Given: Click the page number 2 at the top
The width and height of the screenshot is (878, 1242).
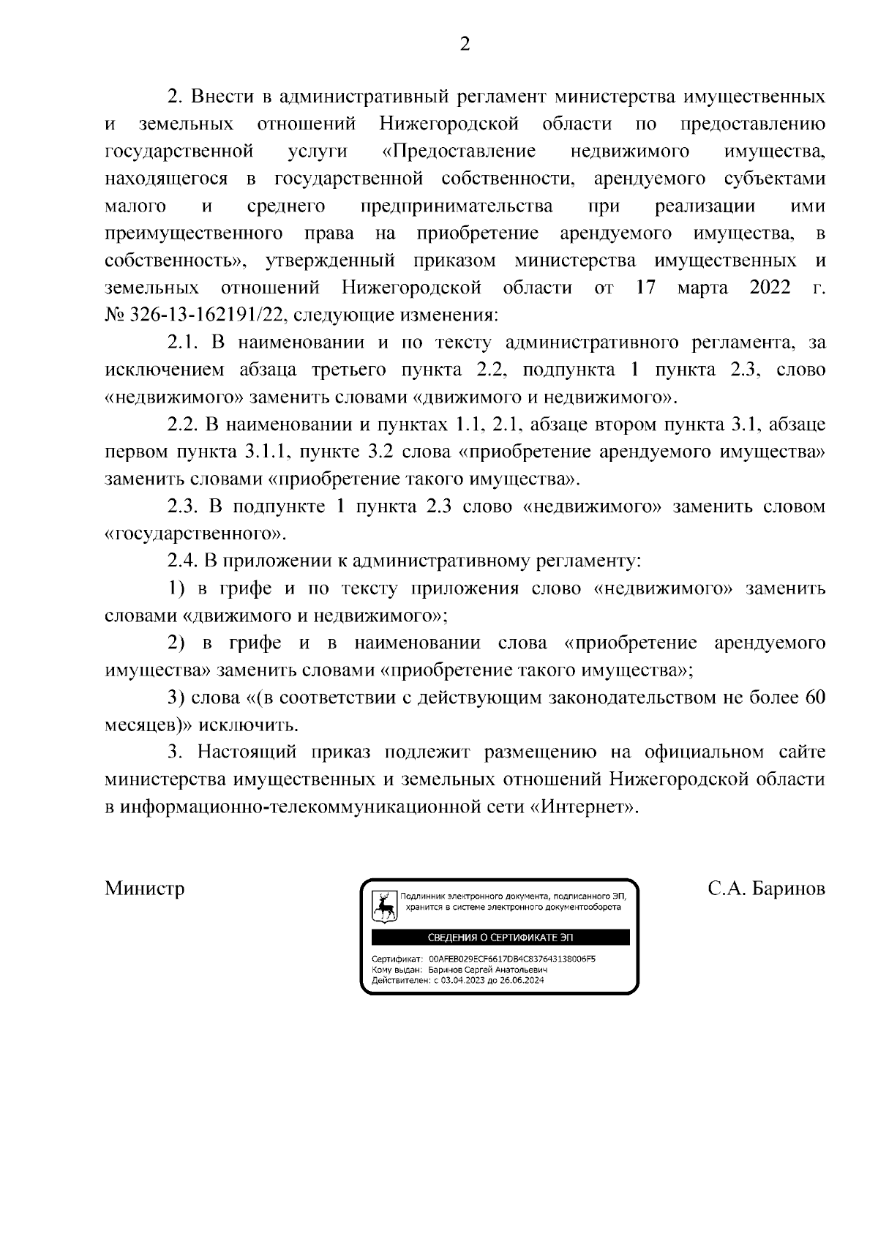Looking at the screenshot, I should pos(464,45).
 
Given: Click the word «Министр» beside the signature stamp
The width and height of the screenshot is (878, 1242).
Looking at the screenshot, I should pos(145,889).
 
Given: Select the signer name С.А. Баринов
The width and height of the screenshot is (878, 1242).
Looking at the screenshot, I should pos(766,889).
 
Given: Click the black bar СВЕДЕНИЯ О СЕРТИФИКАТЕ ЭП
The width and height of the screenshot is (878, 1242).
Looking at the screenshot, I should pos(500,938).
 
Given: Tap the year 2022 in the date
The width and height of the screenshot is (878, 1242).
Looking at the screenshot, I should pos(770,288).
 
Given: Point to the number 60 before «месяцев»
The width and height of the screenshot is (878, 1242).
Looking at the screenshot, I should pos(814,697).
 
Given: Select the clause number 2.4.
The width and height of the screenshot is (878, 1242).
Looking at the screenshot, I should pos(181,561).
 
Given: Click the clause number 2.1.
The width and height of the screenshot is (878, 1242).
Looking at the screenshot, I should pos(181,343).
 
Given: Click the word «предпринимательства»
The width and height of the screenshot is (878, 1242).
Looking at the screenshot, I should pos(457,206).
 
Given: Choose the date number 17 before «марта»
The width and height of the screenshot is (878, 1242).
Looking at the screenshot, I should pos(645,288).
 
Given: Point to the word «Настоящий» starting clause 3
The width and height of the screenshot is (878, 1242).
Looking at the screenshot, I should pos(247,752).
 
